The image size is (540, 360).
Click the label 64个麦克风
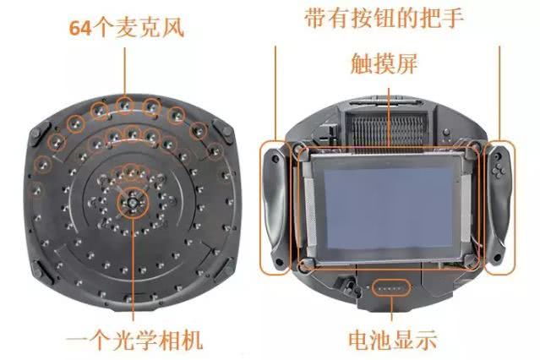(x=127, y=28)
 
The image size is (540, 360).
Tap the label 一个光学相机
(x=134, y=341)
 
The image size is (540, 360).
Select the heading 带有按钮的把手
(x=385, y=18)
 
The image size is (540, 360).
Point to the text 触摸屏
(x=385, y=63)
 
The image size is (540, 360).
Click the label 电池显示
(x=393, y=340)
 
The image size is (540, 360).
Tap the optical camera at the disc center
(x=132, y=204)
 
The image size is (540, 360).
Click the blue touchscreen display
(x=388, y=207)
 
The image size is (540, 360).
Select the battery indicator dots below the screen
(x=391, y=287)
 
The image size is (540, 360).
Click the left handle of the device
(x=275, y=208)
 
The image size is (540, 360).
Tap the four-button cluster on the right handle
(x=499, y=171)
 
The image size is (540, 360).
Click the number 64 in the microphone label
(x=80, y=28)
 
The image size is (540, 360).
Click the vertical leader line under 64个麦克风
(x=125, y=71)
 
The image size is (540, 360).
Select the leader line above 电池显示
(x=391, y=308)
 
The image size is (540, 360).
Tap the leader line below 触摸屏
(x=390, y=117)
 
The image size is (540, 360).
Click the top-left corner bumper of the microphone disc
(x=39, y=135)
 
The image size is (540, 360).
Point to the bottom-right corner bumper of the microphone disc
(x=224, y=268)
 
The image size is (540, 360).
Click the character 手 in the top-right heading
(x=452, y=18)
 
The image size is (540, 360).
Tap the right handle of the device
(x=499, y=207)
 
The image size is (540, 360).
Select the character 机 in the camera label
(x=192, y=341)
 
